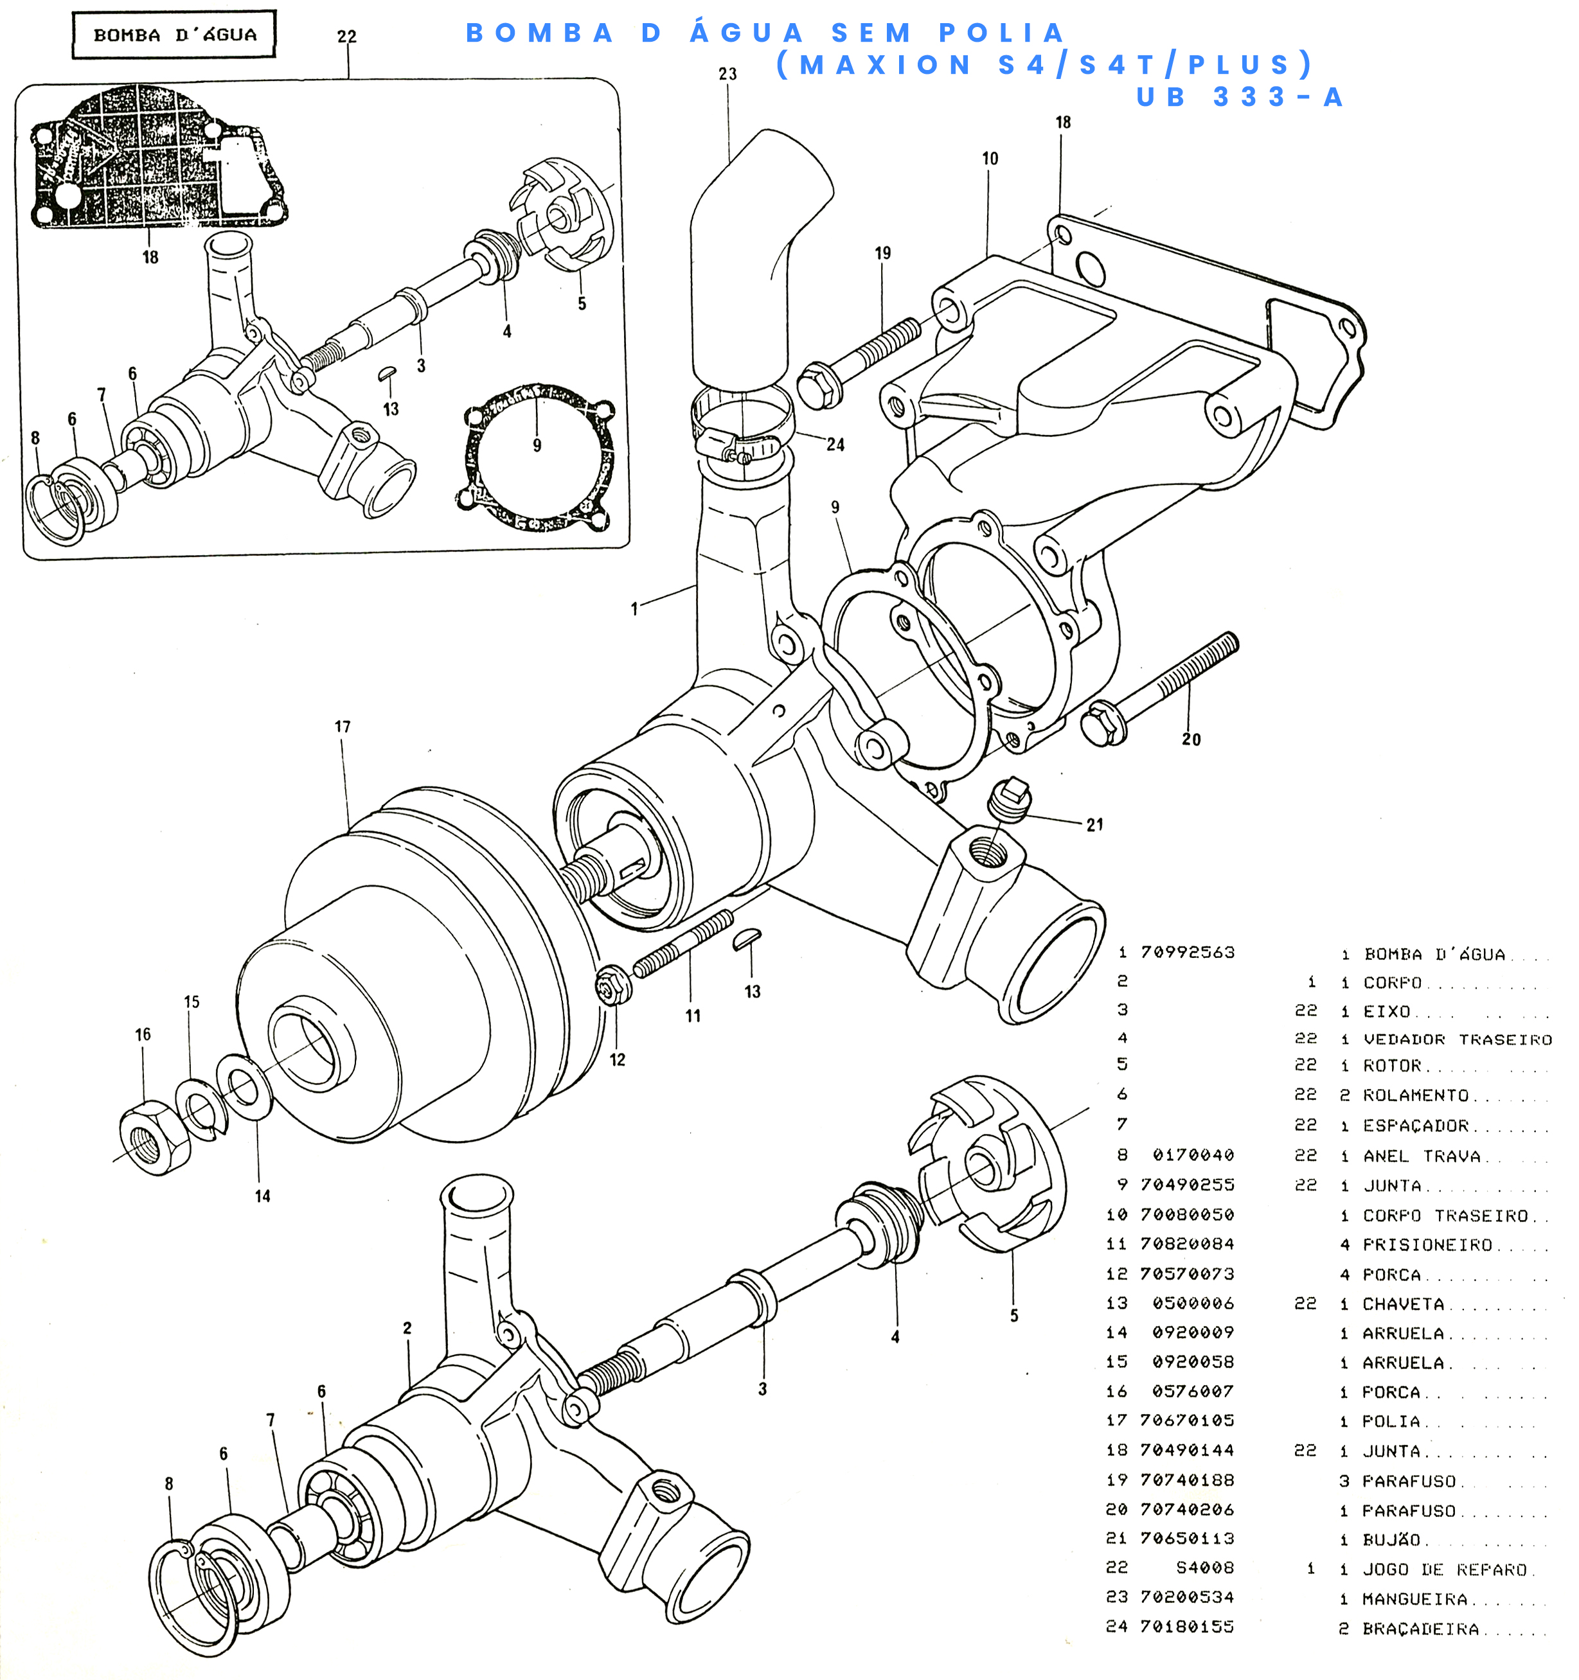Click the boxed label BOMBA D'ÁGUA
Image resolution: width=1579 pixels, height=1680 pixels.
tap(174, 35)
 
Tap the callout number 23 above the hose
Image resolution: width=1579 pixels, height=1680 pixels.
tap(727, 75)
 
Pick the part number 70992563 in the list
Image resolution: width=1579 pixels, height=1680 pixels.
tap(1188, 952)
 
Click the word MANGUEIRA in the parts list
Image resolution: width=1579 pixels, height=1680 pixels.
tap(1415, 1599)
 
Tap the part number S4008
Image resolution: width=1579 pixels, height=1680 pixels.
tap(1204, 1568)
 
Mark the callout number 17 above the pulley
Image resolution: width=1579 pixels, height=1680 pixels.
tap(343, 727)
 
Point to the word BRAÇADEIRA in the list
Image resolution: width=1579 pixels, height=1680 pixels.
tap(1421, 1629)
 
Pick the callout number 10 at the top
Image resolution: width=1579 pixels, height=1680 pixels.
tap(990, 159)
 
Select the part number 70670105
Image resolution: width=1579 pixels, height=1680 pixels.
tap(1187, 1420)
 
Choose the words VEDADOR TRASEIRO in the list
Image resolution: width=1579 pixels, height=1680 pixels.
tap(1458, 1039)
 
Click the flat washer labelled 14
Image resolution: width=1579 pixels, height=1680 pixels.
tap(244, 1085)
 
